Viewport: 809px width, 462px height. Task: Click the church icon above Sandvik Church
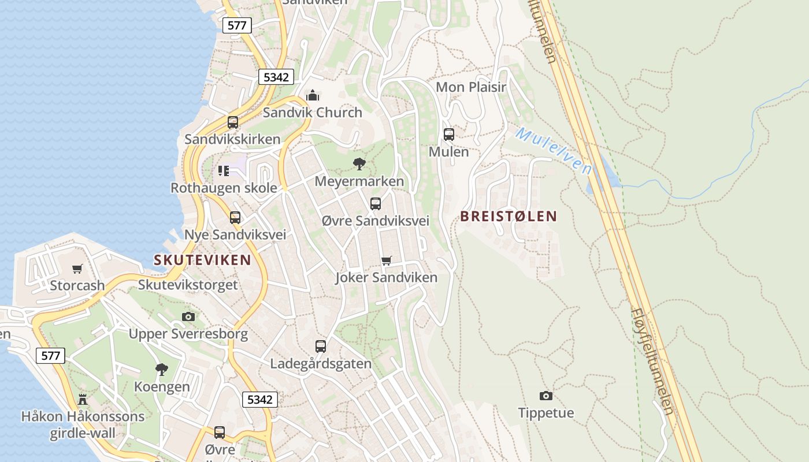click(313, 95)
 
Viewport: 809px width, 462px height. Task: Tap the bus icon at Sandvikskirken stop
click(233, 122)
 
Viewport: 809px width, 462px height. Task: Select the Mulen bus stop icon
click(449, 135)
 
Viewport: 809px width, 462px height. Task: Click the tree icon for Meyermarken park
click(359, 164)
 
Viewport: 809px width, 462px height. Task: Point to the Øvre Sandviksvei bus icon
click(376, 204)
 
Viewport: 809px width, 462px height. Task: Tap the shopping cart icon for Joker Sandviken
click(387, 261)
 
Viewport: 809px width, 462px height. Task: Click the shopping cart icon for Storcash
click(77, 269)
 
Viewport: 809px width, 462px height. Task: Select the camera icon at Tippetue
click(546, 396)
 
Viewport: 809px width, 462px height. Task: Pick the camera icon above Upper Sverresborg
click(188, 316)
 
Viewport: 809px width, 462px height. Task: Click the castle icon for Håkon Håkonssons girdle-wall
click(83, 399)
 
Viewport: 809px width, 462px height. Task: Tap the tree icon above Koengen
click(162, 370)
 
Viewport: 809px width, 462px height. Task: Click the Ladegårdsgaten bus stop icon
click(321, 346)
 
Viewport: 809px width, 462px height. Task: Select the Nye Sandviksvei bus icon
click(235, 218)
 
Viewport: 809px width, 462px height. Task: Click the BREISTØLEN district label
click(509, 217)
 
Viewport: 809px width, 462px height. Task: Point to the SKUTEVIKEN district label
click(202, 260)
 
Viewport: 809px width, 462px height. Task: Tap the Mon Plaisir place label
click(471, 87)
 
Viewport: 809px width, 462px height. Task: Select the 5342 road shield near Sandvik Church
click(276, 77)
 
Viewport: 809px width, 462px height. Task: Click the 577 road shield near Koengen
click(51, 356)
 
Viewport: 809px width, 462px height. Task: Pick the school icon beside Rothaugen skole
click(224, 170)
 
